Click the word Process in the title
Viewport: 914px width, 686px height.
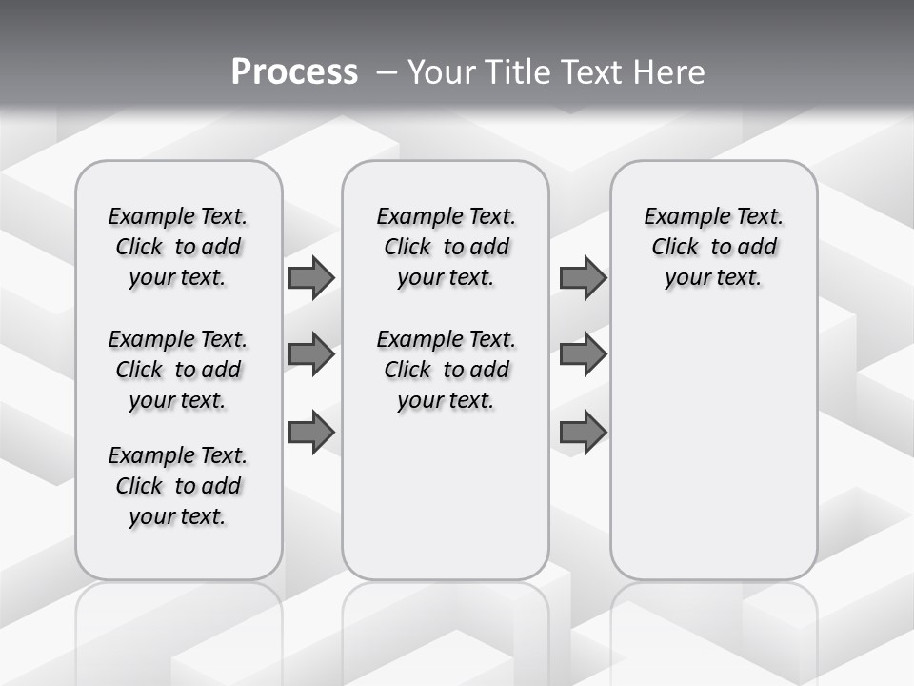[294, 71]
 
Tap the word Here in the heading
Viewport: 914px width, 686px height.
[670, 71]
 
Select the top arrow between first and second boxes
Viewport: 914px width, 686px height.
[311, 277]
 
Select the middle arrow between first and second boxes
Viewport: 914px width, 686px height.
[311, 354]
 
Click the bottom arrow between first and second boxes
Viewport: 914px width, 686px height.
[311, 432]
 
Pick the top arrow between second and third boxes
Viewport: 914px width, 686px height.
[583, 277]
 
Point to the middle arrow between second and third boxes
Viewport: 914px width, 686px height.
[583, 354]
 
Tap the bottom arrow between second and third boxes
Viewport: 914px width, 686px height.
[583, 432]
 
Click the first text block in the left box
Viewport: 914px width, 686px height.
[178, 247]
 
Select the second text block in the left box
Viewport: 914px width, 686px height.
[178, 370]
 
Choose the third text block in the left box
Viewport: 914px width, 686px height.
[178, 486]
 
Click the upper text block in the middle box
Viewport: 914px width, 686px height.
[446, 247]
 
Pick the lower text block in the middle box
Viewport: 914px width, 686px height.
[446, 370]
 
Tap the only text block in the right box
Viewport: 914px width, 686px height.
[714, 247]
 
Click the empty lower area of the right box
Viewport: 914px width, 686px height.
[714, 438]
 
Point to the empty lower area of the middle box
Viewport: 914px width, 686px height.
[446, 495]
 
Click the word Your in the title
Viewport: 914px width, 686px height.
[442, 71]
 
